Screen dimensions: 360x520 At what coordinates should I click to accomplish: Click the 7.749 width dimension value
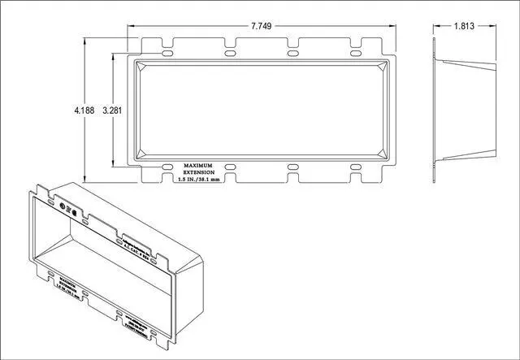262,27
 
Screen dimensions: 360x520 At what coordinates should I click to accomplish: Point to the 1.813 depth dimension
466,27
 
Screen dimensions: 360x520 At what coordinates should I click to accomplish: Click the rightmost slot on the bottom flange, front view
355,167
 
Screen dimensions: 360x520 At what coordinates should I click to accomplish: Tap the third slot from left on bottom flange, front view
292,167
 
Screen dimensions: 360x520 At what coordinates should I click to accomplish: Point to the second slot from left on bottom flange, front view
230,167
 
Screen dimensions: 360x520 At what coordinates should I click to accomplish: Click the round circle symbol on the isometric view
64,208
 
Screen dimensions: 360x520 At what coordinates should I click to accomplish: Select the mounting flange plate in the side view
435,110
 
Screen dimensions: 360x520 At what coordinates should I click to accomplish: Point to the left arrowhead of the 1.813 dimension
435,27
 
